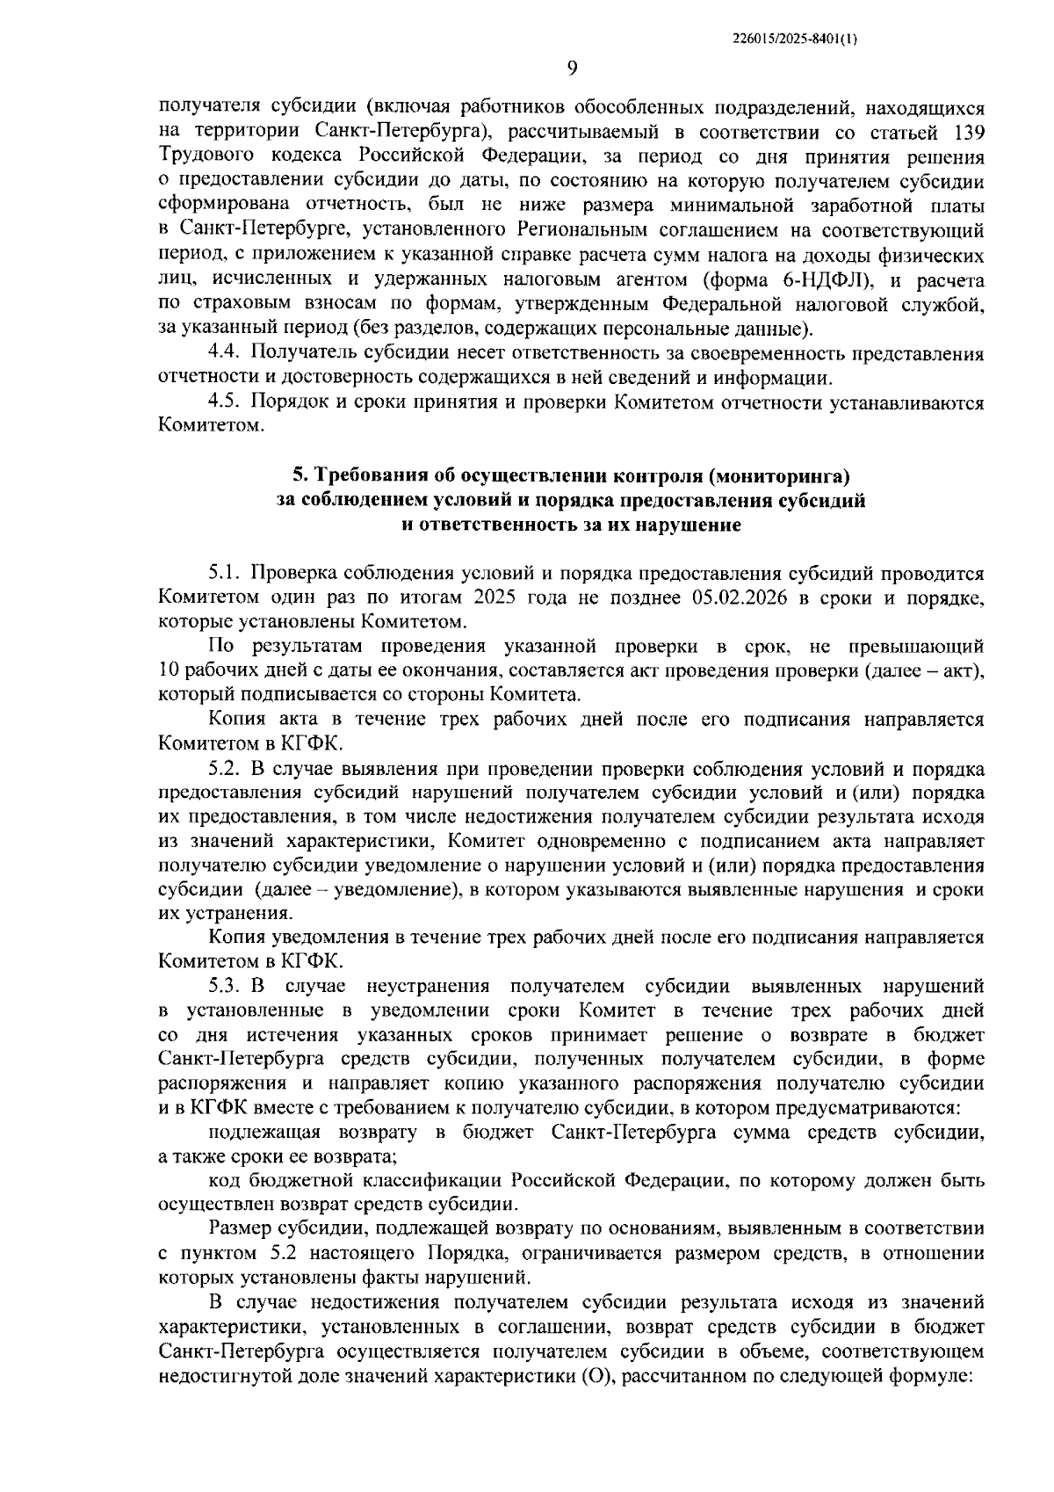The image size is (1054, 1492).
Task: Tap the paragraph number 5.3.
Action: [x=227, y=987]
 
